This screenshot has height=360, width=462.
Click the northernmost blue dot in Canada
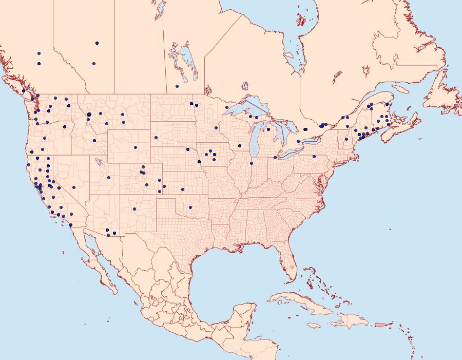pyautogui.click(x=97, y=43)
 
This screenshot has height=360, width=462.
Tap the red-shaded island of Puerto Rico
pyautogui.click(x=380, y=324)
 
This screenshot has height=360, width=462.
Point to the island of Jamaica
pyautogui.click(x=314, y=326)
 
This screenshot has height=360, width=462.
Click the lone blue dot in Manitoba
pyautogui.click(x=177, y=86)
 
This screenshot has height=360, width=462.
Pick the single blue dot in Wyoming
pyautogui.click(x=136, y=147)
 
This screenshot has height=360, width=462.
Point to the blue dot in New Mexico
pyautogui.click(x=134, y=209)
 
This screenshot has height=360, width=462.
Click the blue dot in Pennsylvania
pyautogui.click(x=314, y=157)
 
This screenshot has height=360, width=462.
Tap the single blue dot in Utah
pyautogui.click(x=109, y=178)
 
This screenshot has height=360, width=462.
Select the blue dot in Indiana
pyautogui.click(x=252, y=163)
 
